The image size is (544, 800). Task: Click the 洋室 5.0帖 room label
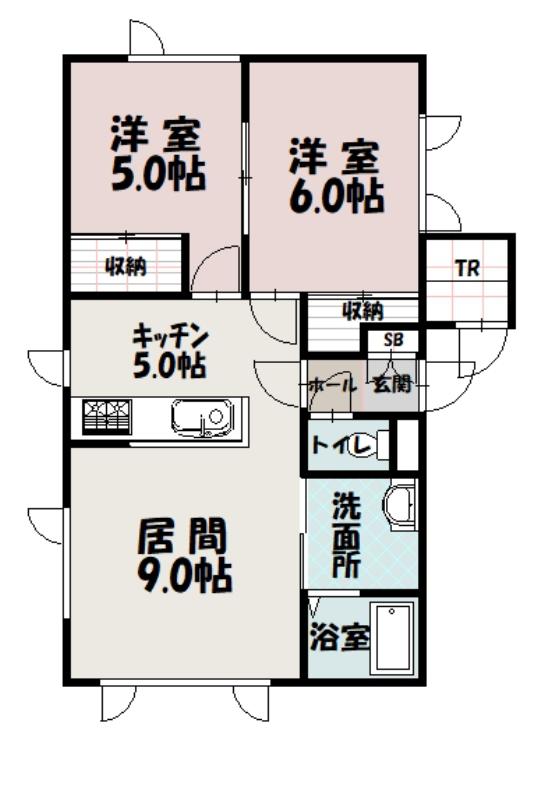(x=158, y=154)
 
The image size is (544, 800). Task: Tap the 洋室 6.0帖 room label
(x=337, y=175)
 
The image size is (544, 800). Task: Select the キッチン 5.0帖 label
(x=170, y=352)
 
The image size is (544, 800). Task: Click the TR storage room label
(x=467, y=268)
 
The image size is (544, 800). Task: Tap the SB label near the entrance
(x=393, y=340)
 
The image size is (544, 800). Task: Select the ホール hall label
(x=333, y=385)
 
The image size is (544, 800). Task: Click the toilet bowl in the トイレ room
(x=375, y=445)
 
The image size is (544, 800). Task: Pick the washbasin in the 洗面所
(x=401, y=504)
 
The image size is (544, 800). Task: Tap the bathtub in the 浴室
(x=394, y=637)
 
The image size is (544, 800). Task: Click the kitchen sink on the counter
(x=203, y=418)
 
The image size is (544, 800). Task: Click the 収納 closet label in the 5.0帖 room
(x=126, y=266)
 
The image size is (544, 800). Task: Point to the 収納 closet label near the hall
(x=363, y=311)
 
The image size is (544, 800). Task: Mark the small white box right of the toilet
(x=407, y=444)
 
